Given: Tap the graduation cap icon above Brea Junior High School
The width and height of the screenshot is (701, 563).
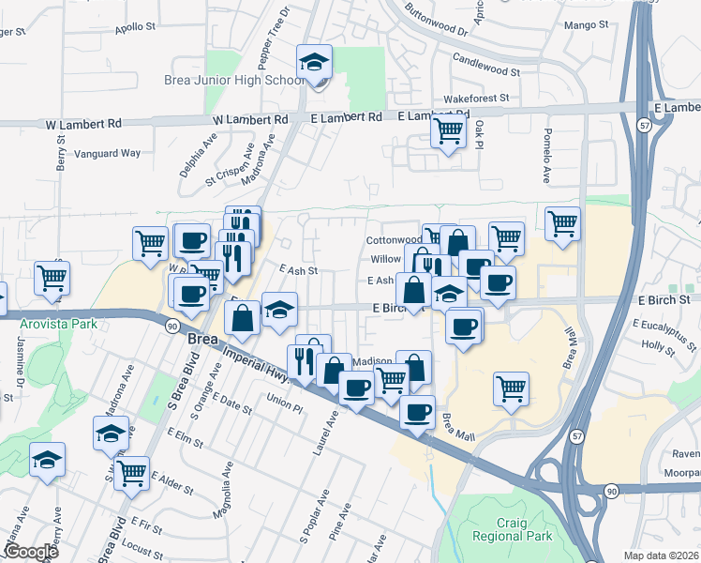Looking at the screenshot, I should click(314, 63).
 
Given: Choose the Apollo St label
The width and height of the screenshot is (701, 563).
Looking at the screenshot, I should click(134, 28).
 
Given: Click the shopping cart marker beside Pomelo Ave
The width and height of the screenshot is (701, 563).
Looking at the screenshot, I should click(562, 223).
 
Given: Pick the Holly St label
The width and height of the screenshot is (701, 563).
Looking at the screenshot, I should click(659, 346).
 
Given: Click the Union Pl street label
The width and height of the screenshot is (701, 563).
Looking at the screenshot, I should click(285, 400).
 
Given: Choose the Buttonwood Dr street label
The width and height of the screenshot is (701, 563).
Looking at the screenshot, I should click(437, 20).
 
